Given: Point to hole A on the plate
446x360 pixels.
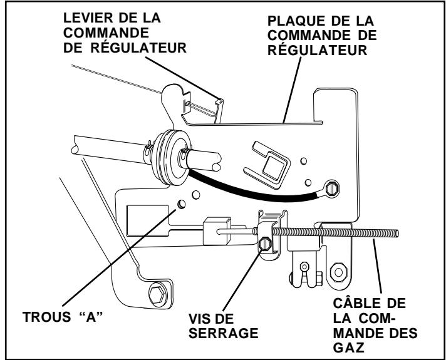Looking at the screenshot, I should pyautogui.click(x=181, y=204).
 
